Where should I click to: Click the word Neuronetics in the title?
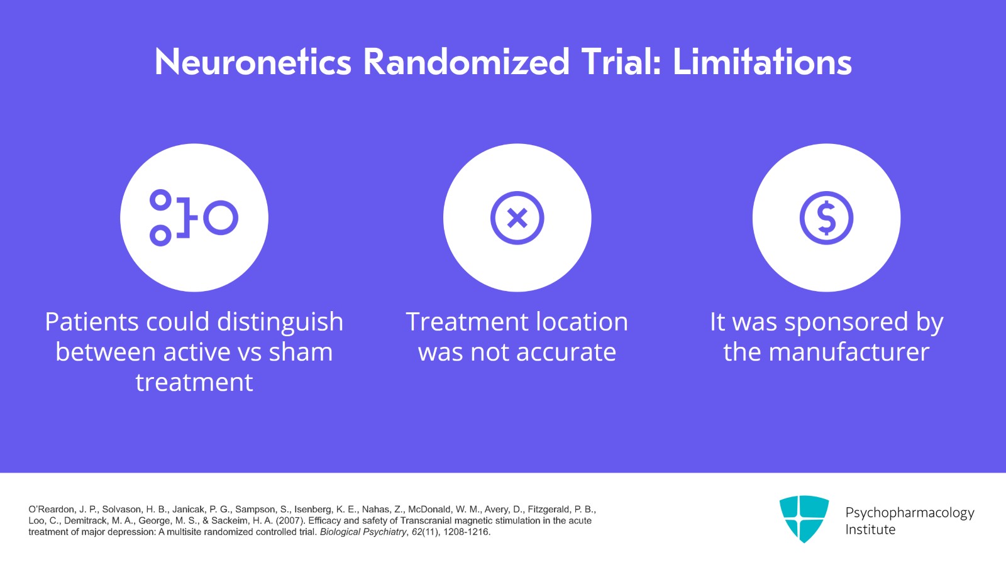pyautogui.click(x=253, y=62)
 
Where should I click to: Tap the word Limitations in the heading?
pyautogui.click(x=762, y=62)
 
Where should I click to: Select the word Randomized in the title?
pyautogui.click(x=466, y=62)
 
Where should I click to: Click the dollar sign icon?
pyautogui.click(x=826, y=218)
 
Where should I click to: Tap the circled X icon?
pyautogui.click(x=517, y=218)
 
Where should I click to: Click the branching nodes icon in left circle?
pyautogui.click(x=194, y=218)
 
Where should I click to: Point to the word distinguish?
pyautogui.click(x=280, y=322)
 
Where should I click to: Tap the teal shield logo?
pyautogui.click(x=804, y=518)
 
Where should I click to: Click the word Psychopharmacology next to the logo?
pyautogui.click(x=909, y=513)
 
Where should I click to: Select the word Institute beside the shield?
pyautogui.click(x=870, y=530)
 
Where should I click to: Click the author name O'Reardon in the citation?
pyautogui.click(x=50, y=510)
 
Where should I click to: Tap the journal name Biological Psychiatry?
pyautogui.click(x=363, y=532)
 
